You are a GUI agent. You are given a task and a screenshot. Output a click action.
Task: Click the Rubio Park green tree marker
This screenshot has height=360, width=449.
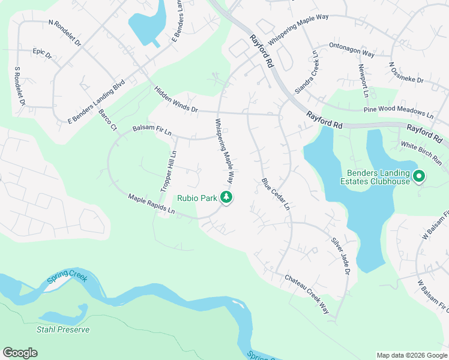pyautogui.click(x=226, y=197)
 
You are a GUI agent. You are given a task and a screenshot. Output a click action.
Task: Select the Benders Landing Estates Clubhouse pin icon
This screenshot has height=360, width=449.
pyautogui.click(x=420, y=176)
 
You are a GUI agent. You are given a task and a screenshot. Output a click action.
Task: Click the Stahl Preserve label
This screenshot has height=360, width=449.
pyautogui.click(x=63, y=329)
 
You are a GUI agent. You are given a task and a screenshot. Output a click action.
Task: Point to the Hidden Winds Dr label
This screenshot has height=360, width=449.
pyautogui.click(x=176, y=100)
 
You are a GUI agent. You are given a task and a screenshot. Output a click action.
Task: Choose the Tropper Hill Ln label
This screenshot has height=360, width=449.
pyautogui.click(x=169, y=170)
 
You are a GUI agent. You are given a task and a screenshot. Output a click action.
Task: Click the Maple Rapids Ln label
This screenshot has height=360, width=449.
pyautogui.click(x=151, y=204)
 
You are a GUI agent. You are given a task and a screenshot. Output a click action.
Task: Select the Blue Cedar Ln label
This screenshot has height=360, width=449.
pyautogui.click(x=276, y=194)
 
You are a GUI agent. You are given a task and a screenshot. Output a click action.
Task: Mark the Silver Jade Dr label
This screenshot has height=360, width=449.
pyautogui.click(x=340, y=255)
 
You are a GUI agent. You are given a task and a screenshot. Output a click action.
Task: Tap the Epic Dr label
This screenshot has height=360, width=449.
pyautogui.click(x=43, y=54)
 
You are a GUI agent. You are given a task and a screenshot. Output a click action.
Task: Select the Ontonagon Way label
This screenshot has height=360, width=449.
pyautogui.click(x=352, y=50)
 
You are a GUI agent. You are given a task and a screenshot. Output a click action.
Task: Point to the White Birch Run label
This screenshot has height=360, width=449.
pyautogui.click(x=421, y=154)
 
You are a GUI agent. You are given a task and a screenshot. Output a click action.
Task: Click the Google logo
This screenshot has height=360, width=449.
pyautogui.click(x=20, y=353)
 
